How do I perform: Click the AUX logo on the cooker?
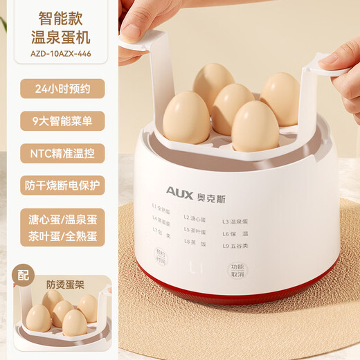183,190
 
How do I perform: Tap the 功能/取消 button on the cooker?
237,271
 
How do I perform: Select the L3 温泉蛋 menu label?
235,222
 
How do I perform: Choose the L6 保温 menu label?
235,234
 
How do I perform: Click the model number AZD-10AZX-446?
60,51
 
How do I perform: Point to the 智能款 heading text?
60,15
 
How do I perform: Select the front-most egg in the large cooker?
255,127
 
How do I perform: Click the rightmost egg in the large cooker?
280,99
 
